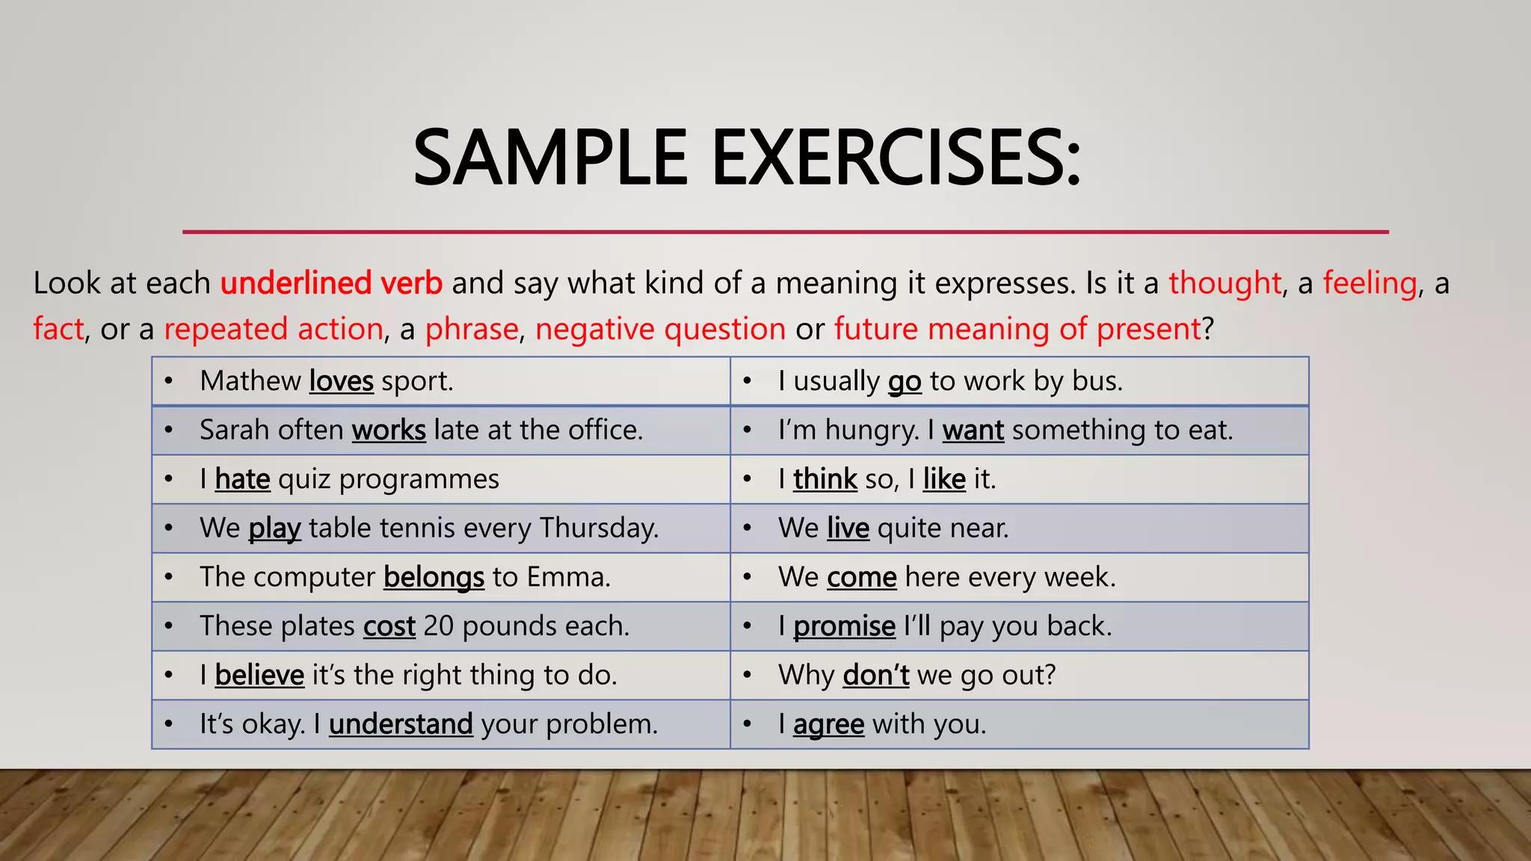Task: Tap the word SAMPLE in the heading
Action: coord(549,158)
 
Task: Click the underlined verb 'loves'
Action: coord(341,381)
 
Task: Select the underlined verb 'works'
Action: coord(389,430)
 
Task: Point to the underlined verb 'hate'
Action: coord(242,479)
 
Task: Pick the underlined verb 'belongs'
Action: coord(434,577)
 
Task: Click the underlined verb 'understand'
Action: coord(401,724)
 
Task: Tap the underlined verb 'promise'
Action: coord(844,626)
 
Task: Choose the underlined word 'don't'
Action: coord(875,675)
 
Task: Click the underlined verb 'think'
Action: coord(825,479)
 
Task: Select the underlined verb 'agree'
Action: coord(828,724)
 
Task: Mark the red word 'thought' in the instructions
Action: coord(1225,283)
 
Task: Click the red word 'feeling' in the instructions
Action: coord(1370,283)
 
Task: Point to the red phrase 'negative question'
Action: coord(660,329)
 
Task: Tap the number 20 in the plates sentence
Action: coord(439,626)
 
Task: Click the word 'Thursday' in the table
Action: coord(598,528)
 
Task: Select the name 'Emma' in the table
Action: coord(567,577)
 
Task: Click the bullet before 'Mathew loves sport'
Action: coord(170,381)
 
